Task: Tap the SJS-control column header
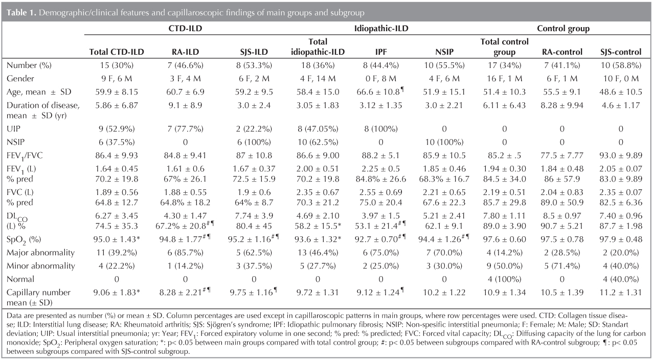pos(620,52)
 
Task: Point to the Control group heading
pos(562,29)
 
